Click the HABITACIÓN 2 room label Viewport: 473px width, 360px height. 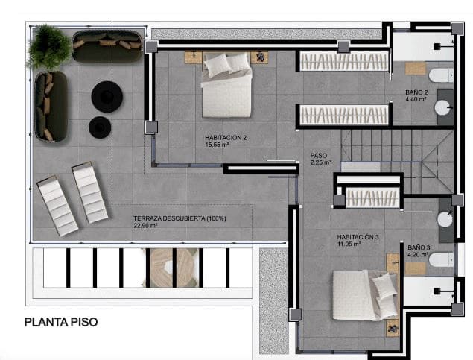pos(226,138)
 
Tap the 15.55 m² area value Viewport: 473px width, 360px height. pos(217,145)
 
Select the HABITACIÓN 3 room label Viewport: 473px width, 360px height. pos(358,237)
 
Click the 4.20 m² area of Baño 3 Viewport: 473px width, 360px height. pos(417,253)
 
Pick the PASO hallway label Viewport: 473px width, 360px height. pos(318,157)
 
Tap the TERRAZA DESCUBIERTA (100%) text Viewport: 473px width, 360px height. pos(180,218)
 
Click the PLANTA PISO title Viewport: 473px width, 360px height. pos(61,323)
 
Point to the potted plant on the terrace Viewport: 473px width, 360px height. pos(49,46)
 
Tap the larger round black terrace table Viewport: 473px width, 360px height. pos(107,96)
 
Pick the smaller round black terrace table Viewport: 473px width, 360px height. pos(99,127)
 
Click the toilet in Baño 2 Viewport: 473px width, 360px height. pos(442,75)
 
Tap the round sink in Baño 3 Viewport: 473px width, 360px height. pos(445,219)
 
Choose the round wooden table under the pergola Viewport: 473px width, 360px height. pos(172,266)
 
